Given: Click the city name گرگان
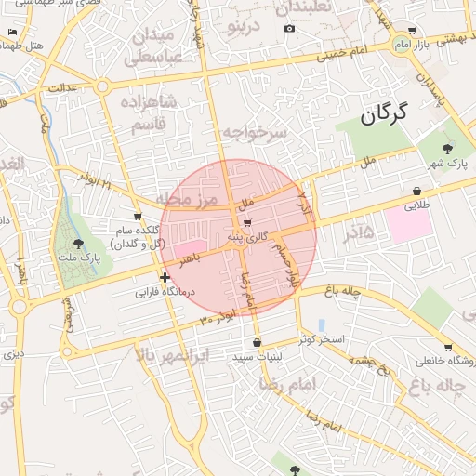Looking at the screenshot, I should [x=382, y=114].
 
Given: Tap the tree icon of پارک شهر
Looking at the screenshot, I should [x=448, y=148].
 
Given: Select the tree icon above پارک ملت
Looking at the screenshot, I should [x=77, y=244].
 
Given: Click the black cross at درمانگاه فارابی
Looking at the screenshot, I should [x=165, y=277].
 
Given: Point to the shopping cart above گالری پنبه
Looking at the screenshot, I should [x=246, y=223].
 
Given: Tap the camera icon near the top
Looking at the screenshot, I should [x=290, y=28].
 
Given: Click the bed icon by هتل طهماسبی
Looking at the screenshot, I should [x=11, y=33].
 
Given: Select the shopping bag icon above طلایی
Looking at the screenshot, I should [x=416, y=191].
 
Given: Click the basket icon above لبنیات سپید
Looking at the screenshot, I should [x=257, y=343].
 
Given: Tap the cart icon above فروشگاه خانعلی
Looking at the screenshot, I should [x=448, y=347].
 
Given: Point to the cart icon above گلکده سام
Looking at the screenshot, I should [x=138, y=216].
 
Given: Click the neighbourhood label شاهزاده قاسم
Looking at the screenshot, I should [x=143, y=112].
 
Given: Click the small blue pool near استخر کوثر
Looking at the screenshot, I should [x=322, y=325].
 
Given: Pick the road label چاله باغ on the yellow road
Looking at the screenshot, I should [x=341, y=292].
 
